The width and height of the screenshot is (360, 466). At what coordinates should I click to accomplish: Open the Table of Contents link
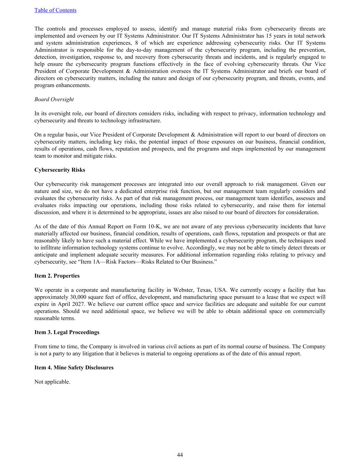pos(55,10)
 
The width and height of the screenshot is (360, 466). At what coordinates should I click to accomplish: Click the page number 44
pos(180,455)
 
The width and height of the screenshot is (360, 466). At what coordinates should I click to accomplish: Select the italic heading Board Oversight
pos(54,99)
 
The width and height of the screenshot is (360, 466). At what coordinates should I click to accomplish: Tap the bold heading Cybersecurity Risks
pos(60,170)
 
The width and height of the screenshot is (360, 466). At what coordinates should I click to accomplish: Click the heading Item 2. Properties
pos(57,276)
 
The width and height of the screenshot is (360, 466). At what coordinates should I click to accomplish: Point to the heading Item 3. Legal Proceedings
pos(67,332)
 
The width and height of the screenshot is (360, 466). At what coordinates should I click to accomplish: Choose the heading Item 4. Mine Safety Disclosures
pos(74,367)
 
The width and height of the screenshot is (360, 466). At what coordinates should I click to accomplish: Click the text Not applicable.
pos(52,382)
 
